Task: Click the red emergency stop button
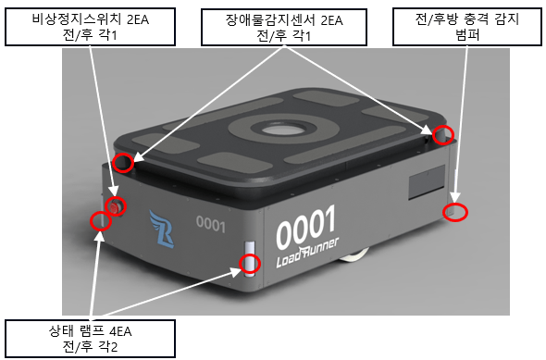pyautogui.click(x=115, y=207)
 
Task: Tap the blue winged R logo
pyautogui.click(x=162, y=229)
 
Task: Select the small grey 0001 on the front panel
pyautogui.click(x=211, y=224)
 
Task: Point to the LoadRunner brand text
pyautogui.click(x=307, y=254)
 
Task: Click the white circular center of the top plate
pyautogui.click(x=283, y=130)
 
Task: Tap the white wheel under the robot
pyautogui.click(x=354, y=256)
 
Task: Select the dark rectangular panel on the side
pyautogui.click(x=427, y=182)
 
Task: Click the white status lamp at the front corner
pyautogui.click(x=250, y=259)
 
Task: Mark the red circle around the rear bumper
pyautogui.click(x=455, y=212)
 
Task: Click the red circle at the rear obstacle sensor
pyautogui.click(x=443, y=135)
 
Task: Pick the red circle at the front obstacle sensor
pyautogui.click(x=123, y=163)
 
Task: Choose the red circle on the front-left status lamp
pyautogui.click(x=101, y=221)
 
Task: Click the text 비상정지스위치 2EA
pyautogui.click(x=91, y=19)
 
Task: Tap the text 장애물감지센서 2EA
pyautogui.click(x=284, y=20)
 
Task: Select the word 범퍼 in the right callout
pyautogui.click(x=467, y=35)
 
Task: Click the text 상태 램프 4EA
pyautogui.click(x=90, y=330)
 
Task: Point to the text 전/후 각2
pyautogui.click(x=90, y=346)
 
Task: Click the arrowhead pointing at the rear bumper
pyautogui.click(x=457, y=197)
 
